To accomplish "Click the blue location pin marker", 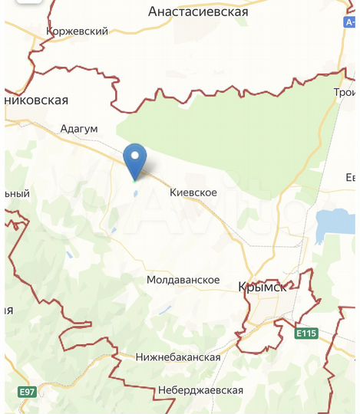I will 136,159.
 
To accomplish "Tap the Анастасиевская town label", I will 198,12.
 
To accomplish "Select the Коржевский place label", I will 77,31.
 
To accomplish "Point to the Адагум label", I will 79,129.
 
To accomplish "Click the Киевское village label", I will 193,193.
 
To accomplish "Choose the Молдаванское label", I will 183,281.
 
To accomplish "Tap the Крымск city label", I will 263,287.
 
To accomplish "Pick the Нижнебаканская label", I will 177,357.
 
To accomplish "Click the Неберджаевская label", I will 200,390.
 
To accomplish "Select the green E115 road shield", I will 306,333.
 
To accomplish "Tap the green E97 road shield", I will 27,392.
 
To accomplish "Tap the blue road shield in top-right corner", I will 349,24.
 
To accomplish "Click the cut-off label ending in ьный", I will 16,193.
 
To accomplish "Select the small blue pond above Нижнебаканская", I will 163,310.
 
